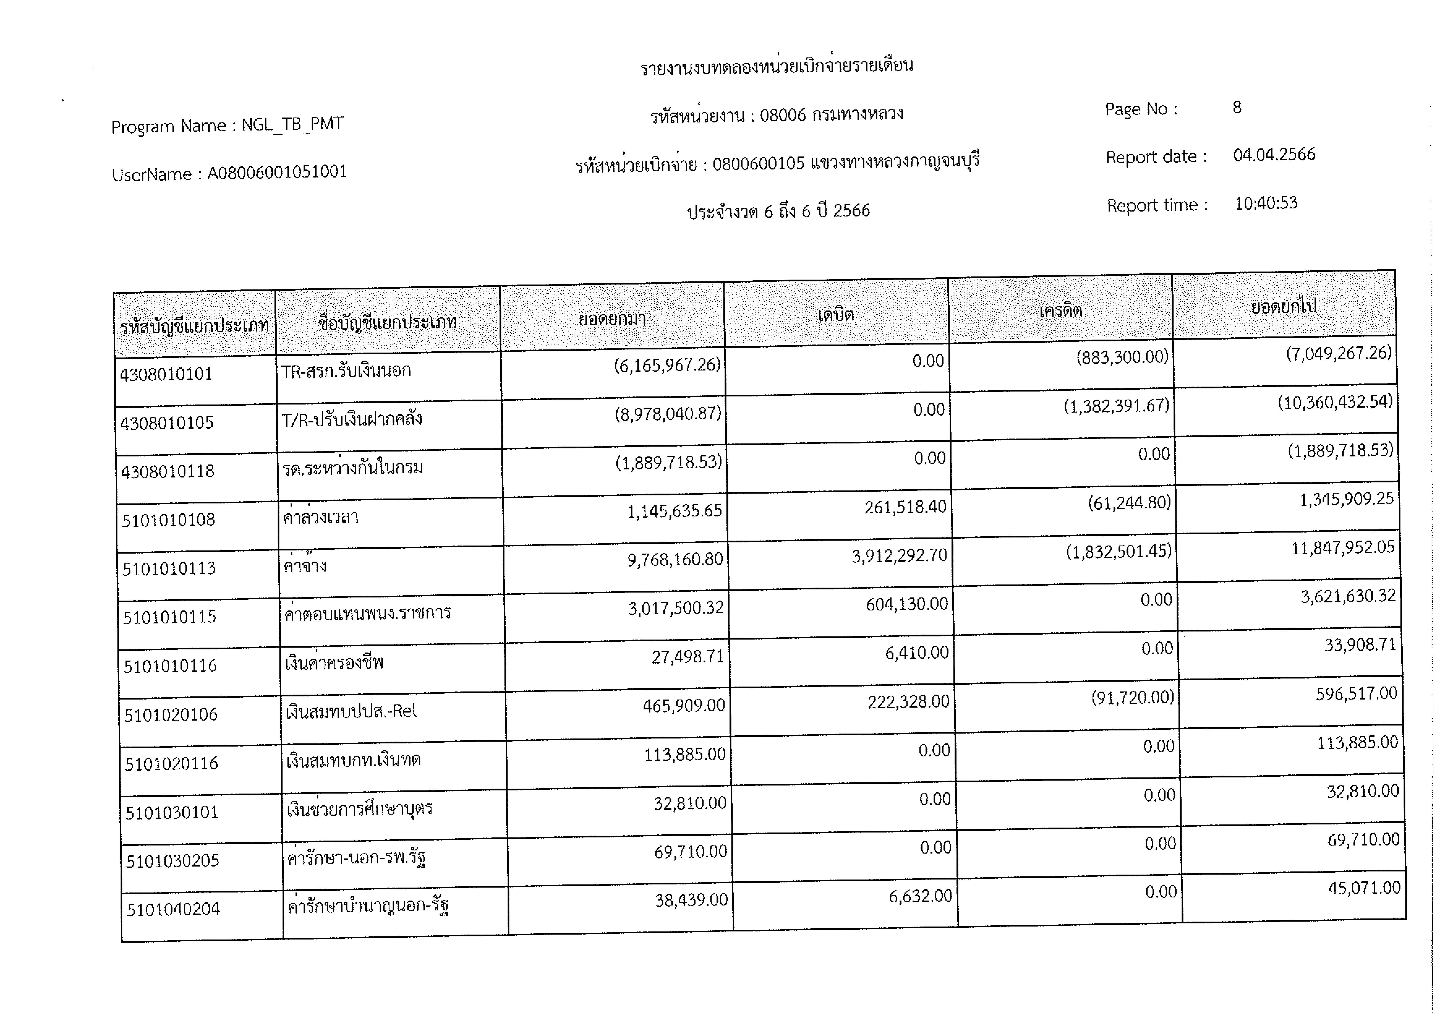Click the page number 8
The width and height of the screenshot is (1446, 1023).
pyautogui.click(x=1237, y=108)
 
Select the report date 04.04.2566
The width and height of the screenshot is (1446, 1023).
pyautogui.click(x=1274, y=155)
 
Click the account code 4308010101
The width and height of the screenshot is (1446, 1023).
pyautogui.click(x=166, y=374)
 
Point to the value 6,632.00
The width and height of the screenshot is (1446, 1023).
pyautogui.click(x=920, y=896)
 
